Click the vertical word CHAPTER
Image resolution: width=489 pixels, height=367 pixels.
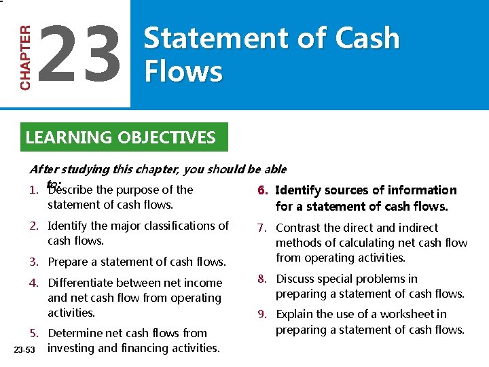25,58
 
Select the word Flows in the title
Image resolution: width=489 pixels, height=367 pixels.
183,71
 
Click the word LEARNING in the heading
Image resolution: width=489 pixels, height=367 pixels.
69,138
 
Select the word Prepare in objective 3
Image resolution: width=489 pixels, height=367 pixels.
69,262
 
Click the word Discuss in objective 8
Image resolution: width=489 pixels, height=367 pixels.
297,279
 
